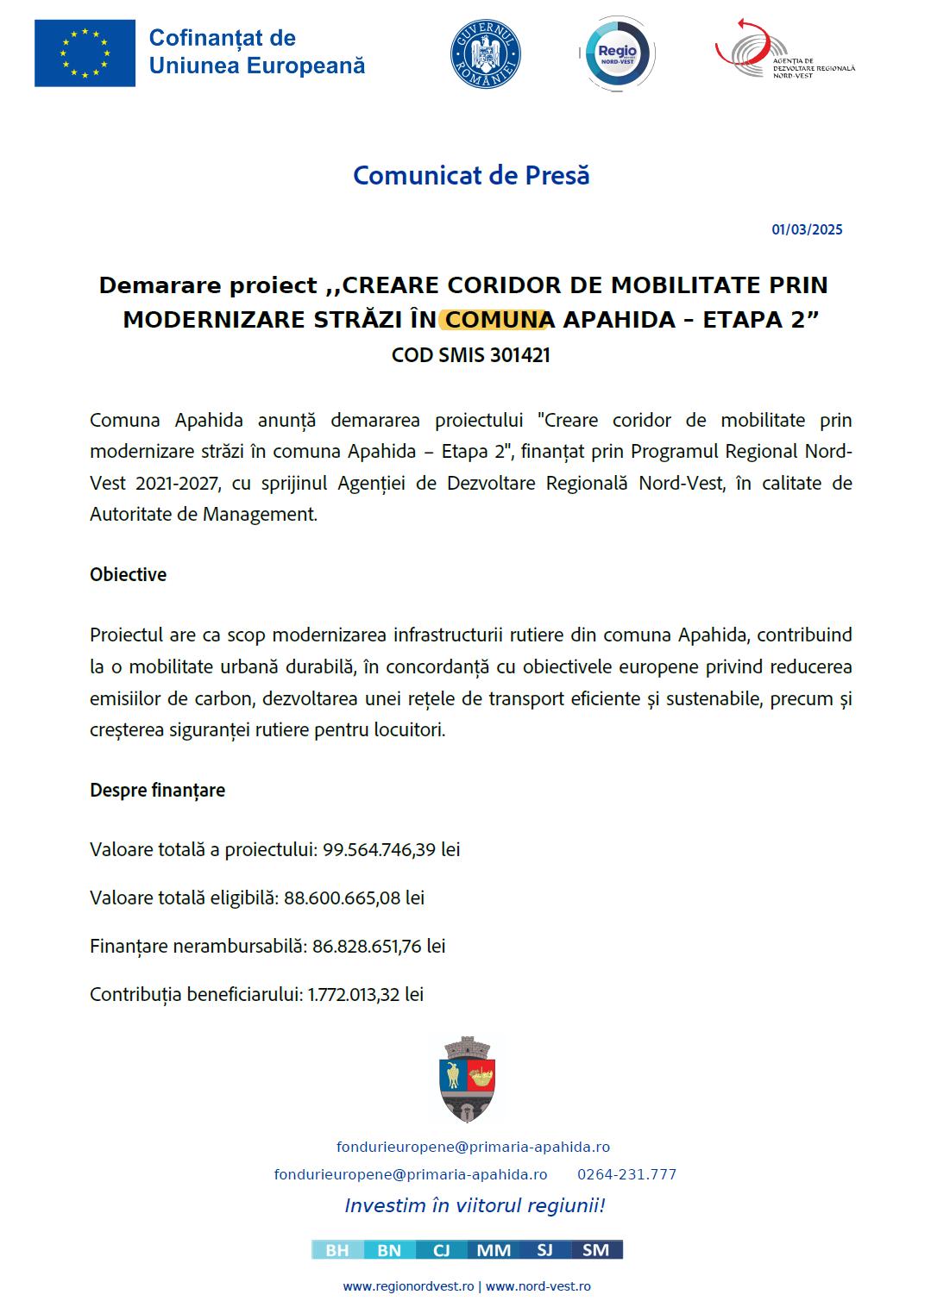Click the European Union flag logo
(x=85, y=53)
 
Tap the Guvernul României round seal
(x=486, y=54)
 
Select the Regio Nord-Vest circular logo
(x=617, y=54)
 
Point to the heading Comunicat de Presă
(x=471, y=175)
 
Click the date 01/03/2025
(x=807, y=229)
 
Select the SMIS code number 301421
(x=519, y=355)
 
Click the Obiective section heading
(x=128, y=574)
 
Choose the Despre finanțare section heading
(x=157, y=790)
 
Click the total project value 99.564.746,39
(x=380, y=849)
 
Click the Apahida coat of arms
(x=467, y=1079)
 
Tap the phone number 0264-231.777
(x=626, y=1174)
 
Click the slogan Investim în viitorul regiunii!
(x=475, y=1205)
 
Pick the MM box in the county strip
(x=494, y=1250)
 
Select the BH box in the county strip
(x=337, y=1250)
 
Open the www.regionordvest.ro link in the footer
(x=408, y=1286)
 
